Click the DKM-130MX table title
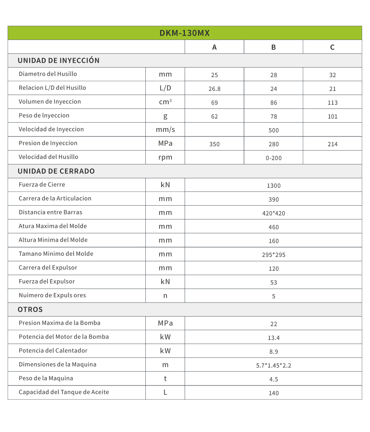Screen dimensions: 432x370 (185, 33)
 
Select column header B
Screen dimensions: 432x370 (273, 47)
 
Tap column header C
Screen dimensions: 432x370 (332, 47)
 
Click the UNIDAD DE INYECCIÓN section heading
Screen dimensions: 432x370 (59, 61)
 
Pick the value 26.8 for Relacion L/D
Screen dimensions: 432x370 (214, 89)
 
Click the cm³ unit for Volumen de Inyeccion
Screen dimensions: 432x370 (165, 102)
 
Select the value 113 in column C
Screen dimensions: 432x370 (332, 103)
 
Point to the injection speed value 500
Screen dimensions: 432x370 (274, 130)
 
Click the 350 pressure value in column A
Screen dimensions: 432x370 (214, 144)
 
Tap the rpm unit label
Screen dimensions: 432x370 (165, 157)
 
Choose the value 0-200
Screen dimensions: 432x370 (274, 158)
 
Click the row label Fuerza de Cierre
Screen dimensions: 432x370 (42, 185)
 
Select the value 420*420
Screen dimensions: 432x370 (274, 213)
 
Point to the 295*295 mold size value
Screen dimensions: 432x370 (274, 255)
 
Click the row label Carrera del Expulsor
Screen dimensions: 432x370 (48, 268)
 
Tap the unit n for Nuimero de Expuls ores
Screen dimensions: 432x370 (165, 296)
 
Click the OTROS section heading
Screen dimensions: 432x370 (30, 310)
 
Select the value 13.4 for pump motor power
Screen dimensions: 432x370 (274, 338)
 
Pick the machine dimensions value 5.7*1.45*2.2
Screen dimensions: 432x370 (274, 365)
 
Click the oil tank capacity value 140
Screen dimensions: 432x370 (274, 393)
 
